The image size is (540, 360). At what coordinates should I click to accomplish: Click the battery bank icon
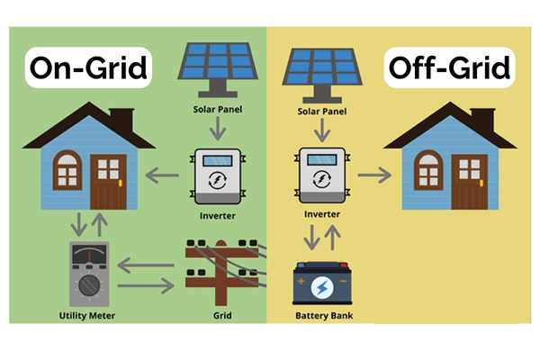click(x=320, y=286)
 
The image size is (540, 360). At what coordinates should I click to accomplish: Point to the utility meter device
click(x=87, y=272)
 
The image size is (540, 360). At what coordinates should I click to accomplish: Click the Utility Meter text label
click(x=87, y=316)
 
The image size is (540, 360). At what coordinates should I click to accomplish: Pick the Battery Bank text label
click(x=321, y=316)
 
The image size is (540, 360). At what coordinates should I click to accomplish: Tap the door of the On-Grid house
click(x=106, y=184)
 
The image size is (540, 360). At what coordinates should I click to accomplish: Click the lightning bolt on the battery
click(x=321, y=288)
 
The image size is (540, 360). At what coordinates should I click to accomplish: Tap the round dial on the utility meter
click(x=87, y=286)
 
